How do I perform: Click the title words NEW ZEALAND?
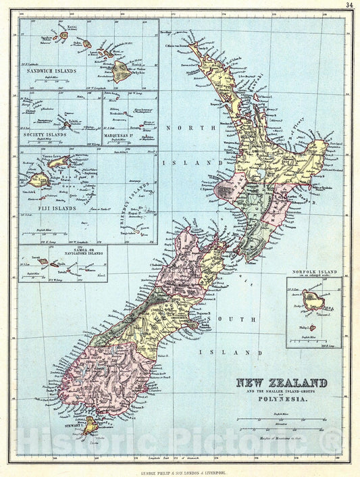(x=281, y=383)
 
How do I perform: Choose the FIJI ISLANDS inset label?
(x=43, y=199)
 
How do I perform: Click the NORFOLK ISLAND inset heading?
(x=313, y=272)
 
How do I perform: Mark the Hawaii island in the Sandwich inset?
(x=122, y=69)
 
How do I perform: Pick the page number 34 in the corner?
(x=349, y=5)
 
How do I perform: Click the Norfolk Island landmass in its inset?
(x=313, y=299)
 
